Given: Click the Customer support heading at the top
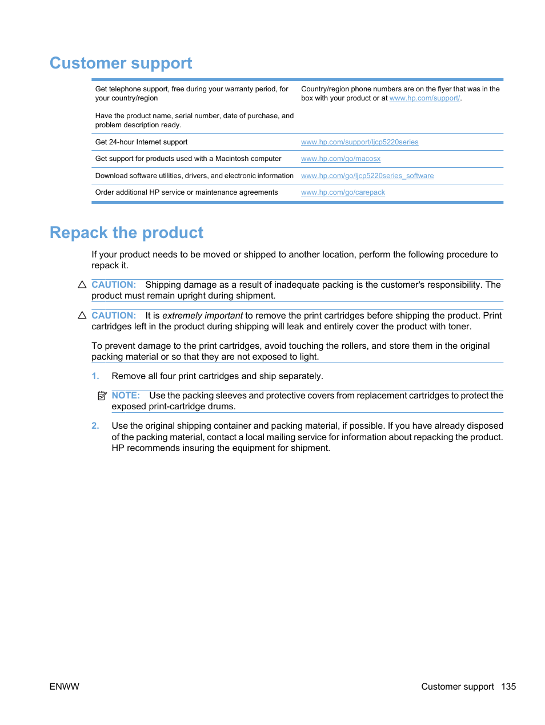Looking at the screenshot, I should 121,63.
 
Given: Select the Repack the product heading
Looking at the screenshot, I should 126,233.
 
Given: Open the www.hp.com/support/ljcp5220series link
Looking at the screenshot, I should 359,142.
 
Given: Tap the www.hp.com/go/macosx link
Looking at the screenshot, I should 340,159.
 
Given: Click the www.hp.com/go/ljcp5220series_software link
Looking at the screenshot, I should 367,176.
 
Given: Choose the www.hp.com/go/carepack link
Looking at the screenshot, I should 343,192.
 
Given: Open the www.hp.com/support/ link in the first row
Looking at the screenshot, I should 424,98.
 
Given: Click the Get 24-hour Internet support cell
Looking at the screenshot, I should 141,142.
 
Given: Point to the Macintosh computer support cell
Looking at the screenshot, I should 188,159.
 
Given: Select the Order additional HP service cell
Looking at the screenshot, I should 186,192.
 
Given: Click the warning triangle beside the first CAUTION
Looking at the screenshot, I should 82,284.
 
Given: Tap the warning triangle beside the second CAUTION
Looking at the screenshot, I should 82,315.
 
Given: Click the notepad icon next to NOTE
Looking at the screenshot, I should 102,396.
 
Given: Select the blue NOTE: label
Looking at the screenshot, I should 126,396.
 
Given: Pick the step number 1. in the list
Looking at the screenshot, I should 95,376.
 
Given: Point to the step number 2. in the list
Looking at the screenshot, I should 95,426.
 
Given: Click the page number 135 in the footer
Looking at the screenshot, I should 508,687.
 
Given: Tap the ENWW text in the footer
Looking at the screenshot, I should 65,687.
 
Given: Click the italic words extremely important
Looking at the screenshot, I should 202,316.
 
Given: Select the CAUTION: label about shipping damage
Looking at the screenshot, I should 114,285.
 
